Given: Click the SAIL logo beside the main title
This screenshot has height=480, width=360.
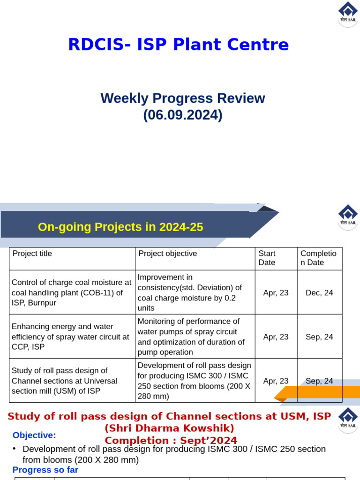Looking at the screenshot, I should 348,14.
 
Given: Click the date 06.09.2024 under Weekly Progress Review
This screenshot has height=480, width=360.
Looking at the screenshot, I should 182,115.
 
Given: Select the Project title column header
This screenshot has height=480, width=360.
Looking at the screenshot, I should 32,254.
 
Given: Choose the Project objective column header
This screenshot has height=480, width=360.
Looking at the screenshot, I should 168,254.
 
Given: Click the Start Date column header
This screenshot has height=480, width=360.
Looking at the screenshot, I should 267,258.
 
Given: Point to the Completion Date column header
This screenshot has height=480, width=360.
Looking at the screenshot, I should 318,258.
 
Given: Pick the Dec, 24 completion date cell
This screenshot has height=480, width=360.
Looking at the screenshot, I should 319,292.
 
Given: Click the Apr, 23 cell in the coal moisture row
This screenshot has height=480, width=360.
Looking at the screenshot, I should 276,292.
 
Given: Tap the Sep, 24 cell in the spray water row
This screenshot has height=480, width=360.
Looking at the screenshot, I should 319,337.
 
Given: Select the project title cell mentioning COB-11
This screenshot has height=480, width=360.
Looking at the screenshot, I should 71,292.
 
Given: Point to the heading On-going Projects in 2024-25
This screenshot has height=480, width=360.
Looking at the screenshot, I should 120,227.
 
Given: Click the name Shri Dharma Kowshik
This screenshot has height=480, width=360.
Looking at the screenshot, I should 169,428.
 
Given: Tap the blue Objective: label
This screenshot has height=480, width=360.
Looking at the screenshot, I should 34,435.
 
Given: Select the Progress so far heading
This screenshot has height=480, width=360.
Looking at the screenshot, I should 45,470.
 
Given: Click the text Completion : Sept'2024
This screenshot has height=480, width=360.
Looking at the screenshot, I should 171,441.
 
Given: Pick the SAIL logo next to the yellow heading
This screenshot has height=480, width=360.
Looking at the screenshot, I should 348,217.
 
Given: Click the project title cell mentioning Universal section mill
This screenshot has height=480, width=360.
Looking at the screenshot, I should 64,381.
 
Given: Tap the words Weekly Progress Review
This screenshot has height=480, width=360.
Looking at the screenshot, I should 182,98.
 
